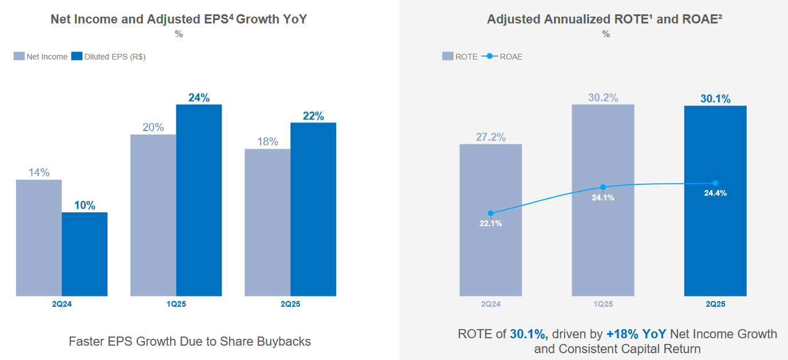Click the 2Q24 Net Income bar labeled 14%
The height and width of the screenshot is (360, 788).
39,238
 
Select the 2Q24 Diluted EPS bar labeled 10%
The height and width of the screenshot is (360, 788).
85,254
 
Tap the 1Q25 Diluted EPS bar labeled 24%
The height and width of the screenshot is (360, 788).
199,200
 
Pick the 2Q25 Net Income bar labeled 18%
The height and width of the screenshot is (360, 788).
267,223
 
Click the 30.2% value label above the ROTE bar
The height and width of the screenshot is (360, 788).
603,98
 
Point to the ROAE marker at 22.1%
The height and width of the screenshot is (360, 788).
490,213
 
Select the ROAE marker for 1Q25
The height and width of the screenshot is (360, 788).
603,187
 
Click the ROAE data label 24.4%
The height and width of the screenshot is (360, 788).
715,193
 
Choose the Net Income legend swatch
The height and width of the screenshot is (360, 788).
19,57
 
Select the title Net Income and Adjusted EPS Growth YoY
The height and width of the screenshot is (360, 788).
179,19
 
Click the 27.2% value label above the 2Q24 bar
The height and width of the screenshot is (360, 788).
490,137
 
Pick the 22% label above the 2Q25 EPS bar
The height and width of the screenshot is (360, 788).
313,116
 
